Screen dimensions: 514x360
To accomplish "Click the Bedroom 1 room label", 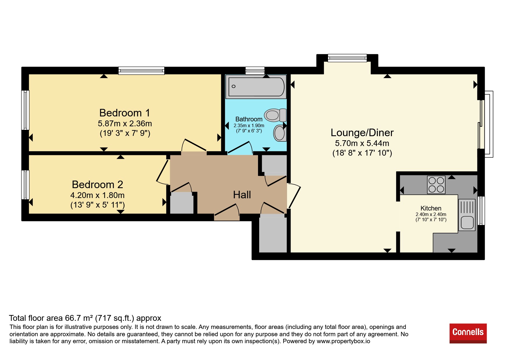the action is [x=125, y=113].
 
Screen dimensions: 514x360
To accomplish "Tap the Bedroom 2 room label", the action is [x=98, y=184].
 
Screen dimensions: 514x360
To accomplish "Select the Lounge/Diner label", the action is [x=362, y=132].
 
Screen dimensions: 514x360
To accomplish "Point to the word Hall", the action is [x=242, y=195].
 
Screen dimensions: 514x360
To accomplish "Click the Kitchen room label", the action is [x=431, y=208].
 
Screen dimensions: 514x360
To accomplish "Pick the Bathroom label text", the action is [x=249, y=119].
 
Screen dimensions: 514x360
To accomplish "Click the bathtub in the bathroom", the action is [x=256, y=87].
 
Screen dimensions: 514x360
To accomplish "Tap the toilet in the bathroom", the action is [x=275, y=115].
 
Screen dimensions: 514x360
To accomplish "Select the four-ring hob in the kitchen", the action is [x=436, y=185].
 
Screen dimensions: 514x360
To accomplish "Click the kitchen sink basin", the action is [x=467, y=223].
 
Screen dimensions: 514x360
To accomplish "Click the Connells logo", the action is [x=468, y=333].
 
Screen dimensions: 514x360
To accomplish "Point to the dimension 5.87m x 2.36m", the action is [x=125, y=124].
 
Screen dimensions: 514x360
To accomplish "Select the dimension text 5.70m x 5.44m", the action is [x=362, y=143].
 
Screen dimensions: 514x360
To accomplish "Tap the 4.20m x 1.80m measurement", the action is [x=98, y=195].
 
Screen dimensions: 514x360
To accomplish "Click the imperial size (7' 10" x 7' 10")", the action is [x=431, y=220].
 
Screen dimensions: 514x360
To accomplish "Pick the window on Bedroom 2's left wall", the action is [x=26, y=185].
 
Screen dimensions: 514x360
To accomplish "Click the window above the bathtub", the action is [x=255, y=70].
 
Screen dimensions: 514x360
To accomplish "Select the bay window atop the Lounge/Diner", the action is [x=347, y=58].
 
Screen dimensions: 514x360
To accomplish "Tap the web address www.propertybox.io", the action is [x=343, y=341].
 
